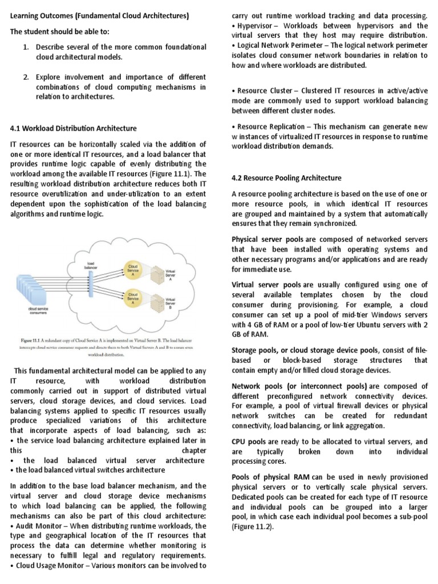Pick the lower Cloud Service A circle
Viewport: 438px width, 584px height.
click(133, 298)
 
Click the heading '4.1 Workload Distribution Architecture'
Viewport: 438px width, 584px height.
click(74, 128)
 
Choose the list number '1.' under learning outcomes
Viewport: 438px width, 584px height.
click(26, 46)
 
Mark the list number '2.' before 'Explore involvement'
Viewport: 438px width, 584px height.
click(26, 76)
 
